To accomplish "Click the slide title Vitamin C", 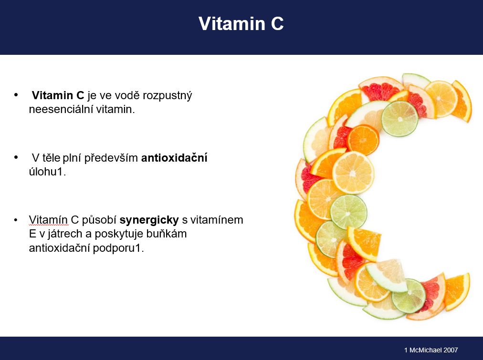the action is pyautogui.click(x=241, y=24).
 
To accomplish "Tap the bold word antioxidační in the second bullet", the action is pyautogui.click(x=174, y=157).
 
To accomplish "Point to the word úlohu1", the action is pyautogui.click(x=47, y=172).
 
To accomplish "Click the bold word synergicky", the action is pyautogui.click(x=149, y=220).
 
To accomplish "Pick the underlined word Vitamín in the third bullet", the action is pyautogui.click(x=48, y=220).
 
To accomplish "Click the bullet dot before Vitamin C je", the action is pyautogui.click(x=16, y=94).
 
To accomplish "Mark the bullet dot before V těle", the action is pyautogui.click(x=16, y=157).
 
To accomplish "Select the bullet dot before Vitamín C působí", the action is pyautogui.click(x=16, y=220).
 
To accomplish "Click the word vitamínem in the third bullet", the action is pyautogui.click(x=217, y=220).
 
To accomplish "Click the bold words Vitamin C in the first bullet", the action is pyautogui.click(x=58, y=95).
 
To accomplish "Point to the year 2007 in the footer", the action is pyautogui.click(x=451, y=350).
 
